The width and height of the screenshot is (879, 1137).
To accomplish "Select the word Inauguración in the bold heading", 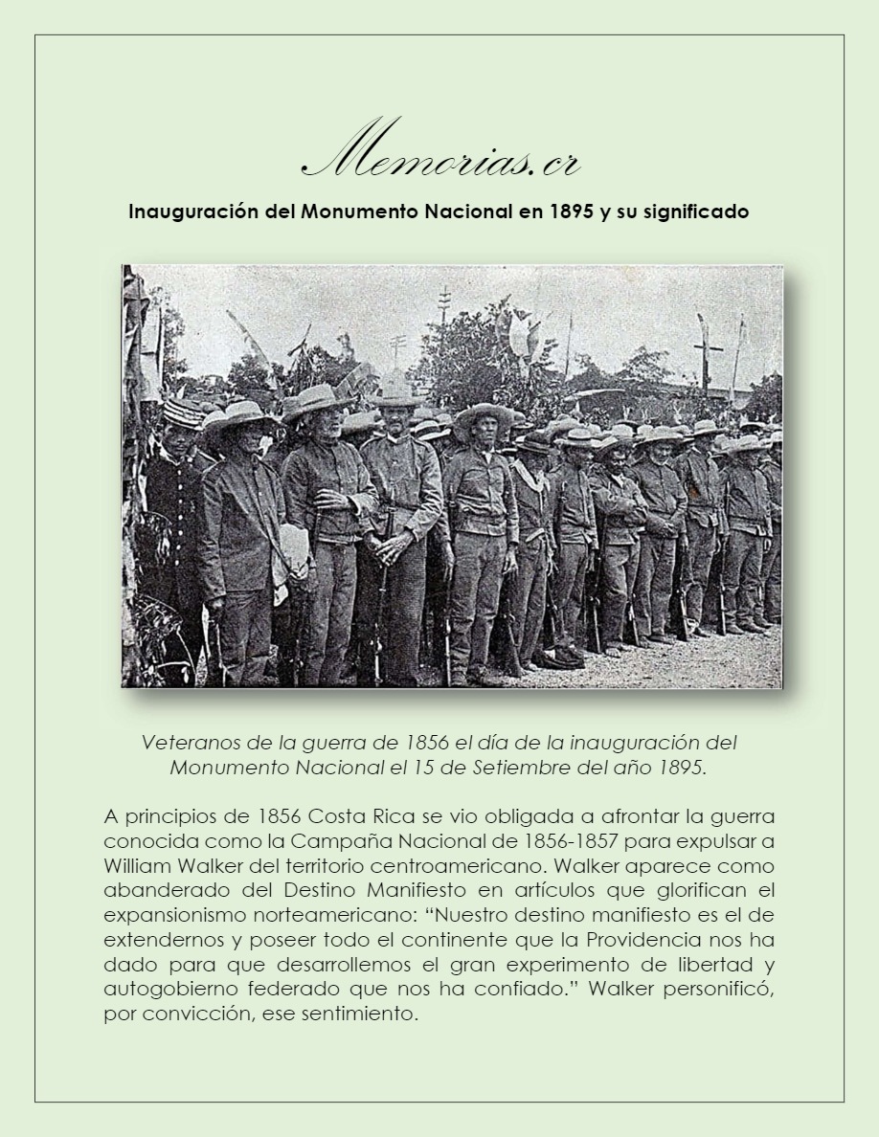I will point(194,212).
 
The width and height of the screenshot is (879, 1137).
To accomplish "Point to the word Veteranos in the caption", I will point(184,742).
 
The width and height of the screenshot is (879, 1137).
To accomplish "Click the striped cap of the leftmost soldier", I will point(181,412).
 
